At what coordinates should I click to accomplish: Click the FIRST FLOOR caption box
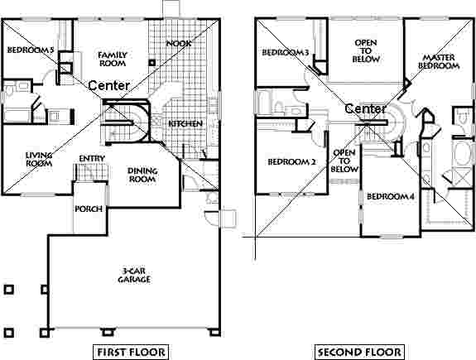[132, 353]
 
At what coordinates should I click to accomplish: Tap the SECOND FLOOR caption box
[360, 353]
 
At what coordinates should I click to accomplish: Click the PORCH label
[89, 209]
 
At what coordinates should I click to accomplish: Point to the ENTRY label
[91, 159]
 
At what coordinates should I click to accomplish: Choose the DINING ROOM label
[142, 175]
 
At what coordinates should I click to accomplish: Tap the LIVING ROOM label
[39, 158]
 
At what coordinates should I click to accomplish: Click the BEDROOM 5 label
[30, 50]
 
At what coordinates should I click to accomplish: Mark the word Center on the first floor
[108, 85]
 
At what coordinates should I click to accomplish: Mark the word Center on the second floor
[365, 109]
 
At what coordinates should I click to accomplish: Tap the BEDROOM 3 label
[286, 54]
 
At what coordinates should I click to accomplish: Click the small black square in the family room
[152, 62]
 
